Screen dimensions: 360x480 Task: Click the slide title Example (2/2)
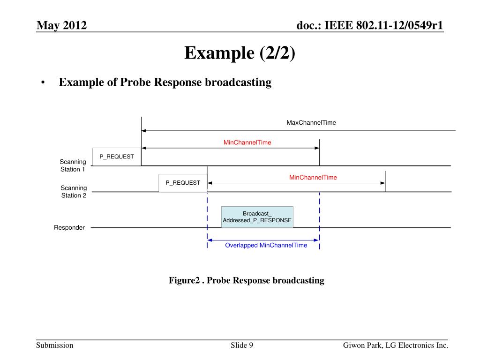(240, 52)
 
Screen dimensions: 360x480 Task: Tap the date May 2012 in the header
(62, 25)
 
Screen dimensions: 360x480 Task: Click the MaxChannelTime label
(311, 123)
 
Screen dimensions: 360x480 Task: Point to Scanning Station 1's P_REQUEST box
(117, 157)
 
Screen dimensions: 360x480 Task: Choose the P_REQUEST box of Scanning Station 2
(183, 183)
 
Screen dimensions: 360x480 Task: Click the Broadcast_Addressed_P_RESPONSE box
(257, 217)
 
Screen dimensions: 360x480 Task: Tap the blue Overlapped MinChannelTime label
(266, 245)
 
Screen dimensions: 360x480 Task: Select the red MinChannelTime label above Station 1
(247, 142)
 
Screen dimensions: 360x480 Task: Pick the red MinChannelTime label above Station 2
(313, 178)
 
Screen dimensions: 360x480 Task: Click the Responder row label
(69, 228)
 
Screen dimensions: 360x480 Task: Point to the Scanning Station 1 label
(73, 165)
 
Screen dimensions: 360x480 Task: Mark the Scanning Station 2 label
(74, 192)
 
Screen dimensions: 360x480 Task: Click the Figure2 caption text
(247, 280)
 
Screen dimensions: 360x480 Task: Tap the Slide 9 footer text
(242, 345)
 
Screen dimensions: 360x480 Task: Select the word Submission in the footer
(55, 345)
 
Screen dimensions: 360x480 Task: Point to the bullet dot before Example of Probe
(43, 83)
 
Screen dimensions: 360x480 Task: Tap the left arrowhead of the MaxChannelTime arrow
(144, 131)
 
